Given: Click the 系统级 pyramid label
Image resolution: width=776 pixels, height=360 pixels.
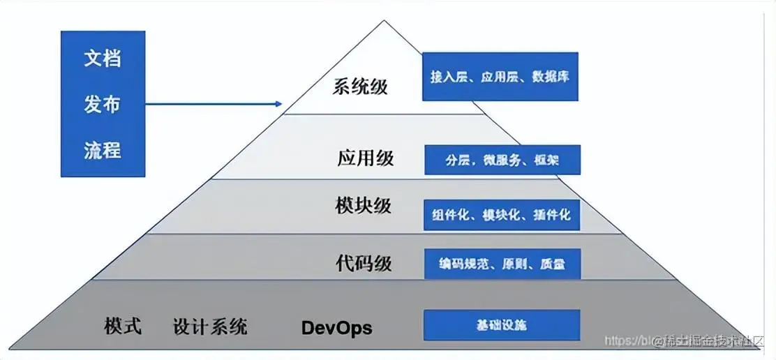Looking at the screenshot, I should [x=360, y=87].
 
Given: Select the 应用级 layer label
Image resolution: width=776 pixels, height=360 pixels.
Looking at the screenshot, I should [x=366, y=158].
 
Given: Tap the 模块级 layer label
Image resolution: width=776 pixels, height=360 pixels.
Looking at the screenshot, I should [x=363, y=207].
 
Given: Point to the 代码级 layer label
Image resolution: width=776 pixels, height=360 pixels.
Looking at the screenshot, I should [x=364, y=263].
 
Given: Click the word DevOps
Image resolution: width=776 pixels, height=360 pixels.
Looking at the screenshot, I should [x=336, y=327].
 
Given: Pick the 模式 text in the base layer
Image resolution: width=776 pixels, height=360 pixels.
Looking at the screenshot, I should [x=123, y=326].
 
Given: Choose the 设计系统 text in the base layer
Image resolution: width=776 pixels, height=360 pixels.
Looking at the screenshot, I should [x=209, y=327].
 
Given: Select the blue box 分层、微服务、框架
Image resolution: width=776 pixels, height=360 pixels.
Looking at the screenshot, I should [x=502, y=160].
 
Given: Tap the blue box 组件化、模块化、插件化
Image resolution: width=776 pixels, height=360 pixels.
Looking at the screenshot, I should [x=502, y=216].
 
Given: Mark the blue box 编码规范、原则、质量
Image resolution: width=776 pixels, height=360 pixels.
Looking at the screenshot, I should [x=502, y=264].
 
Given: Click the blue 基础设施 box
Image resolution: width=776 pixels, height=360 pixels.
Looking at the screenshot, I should [x=502, y=325].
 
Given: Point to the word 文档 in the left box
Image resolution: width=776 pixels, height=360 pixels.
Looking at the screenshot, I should [x=103, y=59].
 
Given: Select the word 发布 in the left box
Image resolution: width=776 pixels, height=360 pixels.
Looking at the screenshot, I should [x=103, y=104].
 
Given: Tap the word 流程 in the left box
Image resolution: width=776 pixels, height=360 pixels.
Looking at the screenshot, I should [x=103, y=149].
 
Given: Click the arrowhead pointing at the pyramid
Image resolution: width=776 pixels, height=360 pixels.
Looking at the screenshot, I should [x=278, y=105].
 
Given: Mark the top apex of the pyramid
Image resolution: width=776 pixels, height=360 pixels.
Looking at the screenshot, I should [x=384, y=22].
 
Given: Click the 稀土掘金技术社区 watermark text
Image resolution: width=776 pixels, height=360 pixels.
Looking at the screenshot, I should [x=714, y=341].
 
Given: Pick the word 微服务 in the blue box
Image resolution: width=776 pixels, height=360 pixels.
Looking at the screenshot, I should [x=502, y=160].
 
